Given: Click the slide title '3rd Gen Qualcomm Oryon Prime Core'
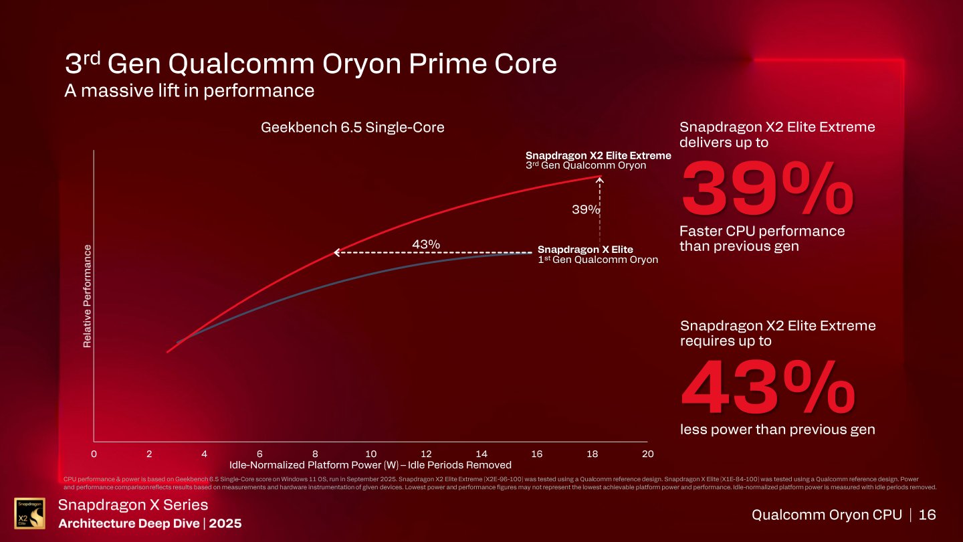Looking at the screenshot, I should pyautogui.click(x=310, y=64).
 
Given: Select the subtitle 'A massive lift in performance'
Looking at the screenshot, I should pyautogui.click(x=189, y=90).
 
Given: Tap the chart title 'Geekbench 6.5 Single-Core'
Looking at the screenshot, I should pyautogui.click(x=352, y=127).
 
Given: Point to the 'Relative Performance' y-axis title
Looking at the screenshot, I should pyautogui.click(x=87, y=296).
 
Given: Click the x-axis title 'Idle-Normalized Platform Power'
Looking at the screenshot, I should pyautogui.click(x=370, y=465).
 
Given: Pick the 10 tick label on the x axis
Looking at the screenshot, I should pyautogui.click(x=370, y=454).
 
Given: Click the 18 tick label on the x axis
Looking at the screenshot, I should pyautogui.click(x=592, y=454).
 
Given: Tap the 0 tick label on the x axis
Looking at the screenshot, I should pyautogui.click(x=94, y=454).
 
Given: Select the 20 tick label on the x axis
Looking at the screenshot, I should pyautogui.click(x=647, y=454).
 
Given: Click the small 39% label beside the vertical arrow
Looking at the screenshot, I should pyautogui.click(x=585, y=209).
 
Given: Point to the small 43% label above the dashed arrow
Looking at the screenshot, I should pyautogui.click(x=425, y=244).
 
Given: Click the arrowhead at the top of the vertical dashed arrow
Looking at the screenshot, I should pyautogui.click(x=600, y=179).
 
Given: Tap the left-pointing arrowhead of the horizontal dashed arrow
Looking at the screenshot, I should pyautogui.click(x=336, y=252).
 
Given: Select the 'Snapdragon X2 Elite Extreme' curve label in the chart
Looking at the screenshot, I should pyautogui.click(x=598, y=155).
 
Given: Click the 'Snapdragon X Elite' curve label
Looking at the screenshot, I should pyautogui.click(x=585, y=250).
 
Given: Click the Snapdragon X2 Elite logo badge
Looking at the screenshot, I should pyautogui.click(x=30, y=513).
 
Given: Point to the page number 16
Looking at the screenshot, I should pyautogui.click(x=927, y=515).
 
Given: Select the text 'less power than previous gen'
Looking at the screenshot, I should pyautogui.click(x=777, y=430).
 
